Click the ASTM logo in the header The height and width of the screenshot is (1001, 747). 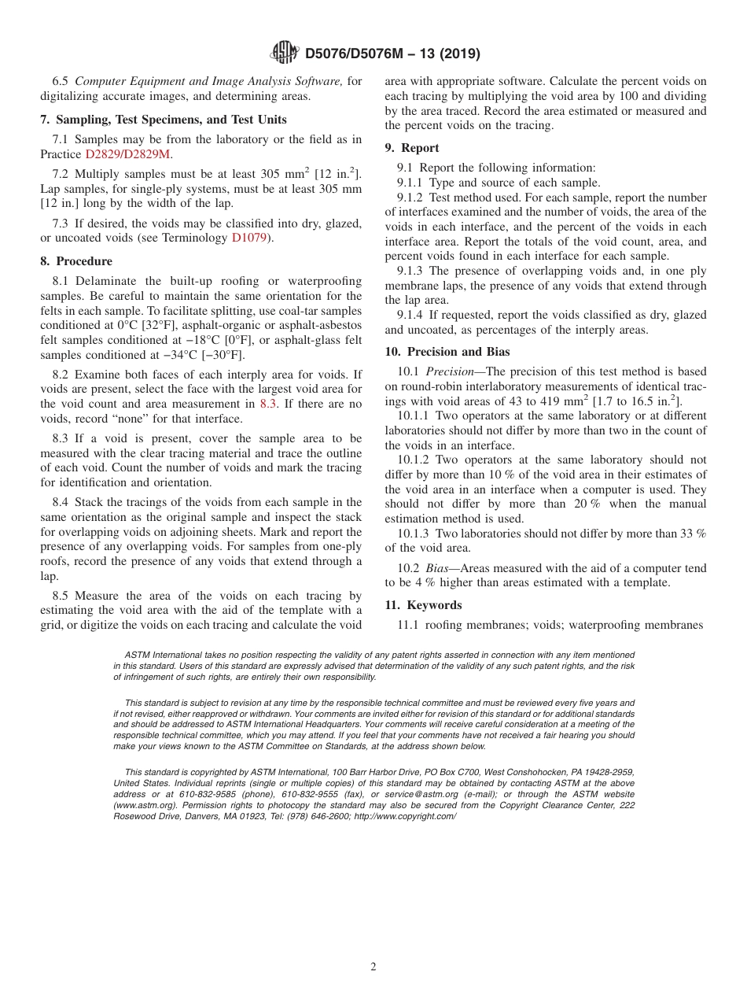pyautogui.click(x=285, y=53)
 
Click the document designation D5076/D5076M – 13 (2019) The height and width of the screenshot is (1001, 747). pyautogui.click(x=392, y=54)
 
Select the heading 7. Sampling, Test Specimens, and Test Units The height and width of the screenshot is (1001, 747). pyautogui.click(x=164, y=120)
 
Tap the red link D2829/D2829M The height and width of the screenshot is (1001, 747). pyautogui.click(x=127, y=154)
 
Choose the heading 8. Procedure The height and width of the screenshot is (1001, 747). pyautogui.click(x=76, y=261)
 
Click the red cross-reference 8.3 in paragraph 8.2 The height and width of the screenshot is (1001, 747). pyautogui.click(x=268, y=404)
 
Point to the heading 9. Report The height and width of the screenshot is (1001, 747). pyautogui.click(x=412, y=148)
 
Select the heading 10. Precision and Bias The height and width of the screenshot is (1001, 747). pyautogui.click(x=447, y=352)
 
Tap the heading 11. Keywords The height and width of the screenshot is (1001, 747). pyautogui.click(x=423, y=605)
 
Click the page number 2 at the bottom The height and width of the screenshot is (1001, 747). pyautogui.click(x=373, y=967)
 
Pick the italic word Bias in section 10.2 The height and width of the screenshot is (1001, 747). pyautogui.click(x=436, y=568)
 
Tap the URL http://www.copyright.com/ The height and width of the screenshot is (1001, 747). pyautogui.click(x=405, y=817)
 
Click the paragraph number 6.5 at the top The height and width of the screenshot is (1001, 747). pyautogui.click(x=61, y=81)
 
